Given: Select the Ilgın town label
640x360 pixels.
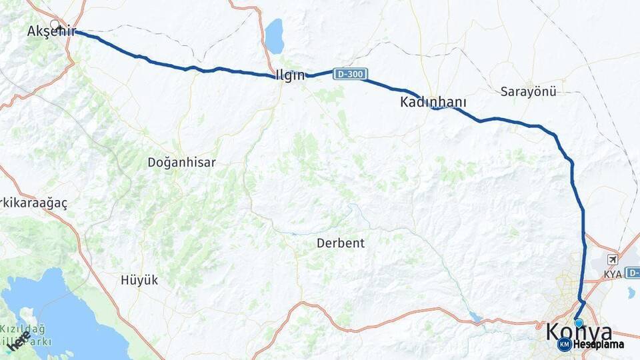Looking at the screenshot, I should [290, 75].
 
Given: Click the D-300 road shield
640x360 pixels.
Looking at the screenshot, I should [349, 73].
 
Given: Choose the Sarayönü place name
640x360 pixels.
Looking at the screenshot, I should [528, 92].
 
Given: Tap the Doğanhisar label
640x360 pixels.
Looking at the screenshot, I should [181, 162].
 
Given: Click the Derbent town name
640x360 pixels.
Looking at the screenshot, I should [341, 243].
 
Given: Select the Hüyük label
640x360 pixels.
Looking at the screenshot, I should [140, 280].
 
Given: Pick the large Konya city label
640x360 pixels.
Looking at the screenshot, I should [579, 331].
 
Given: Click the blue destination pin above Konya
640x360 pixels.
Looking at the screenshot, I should [579, 323].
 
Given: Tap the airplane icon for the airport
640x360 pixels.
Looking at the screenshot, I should [612, 259].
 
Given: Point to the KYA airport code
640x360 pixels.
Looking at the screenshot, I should [612, 274].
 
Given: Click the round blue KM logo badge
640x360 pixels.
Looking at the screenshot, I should [565, 344].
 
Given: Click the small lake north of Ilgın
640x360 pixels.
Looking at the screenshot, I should [274, 36].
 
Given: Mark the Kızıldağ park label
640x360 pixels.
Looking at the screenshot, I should [23, 329].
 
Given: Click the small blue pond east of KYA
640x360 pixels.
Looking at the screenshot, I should [631, 292].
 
